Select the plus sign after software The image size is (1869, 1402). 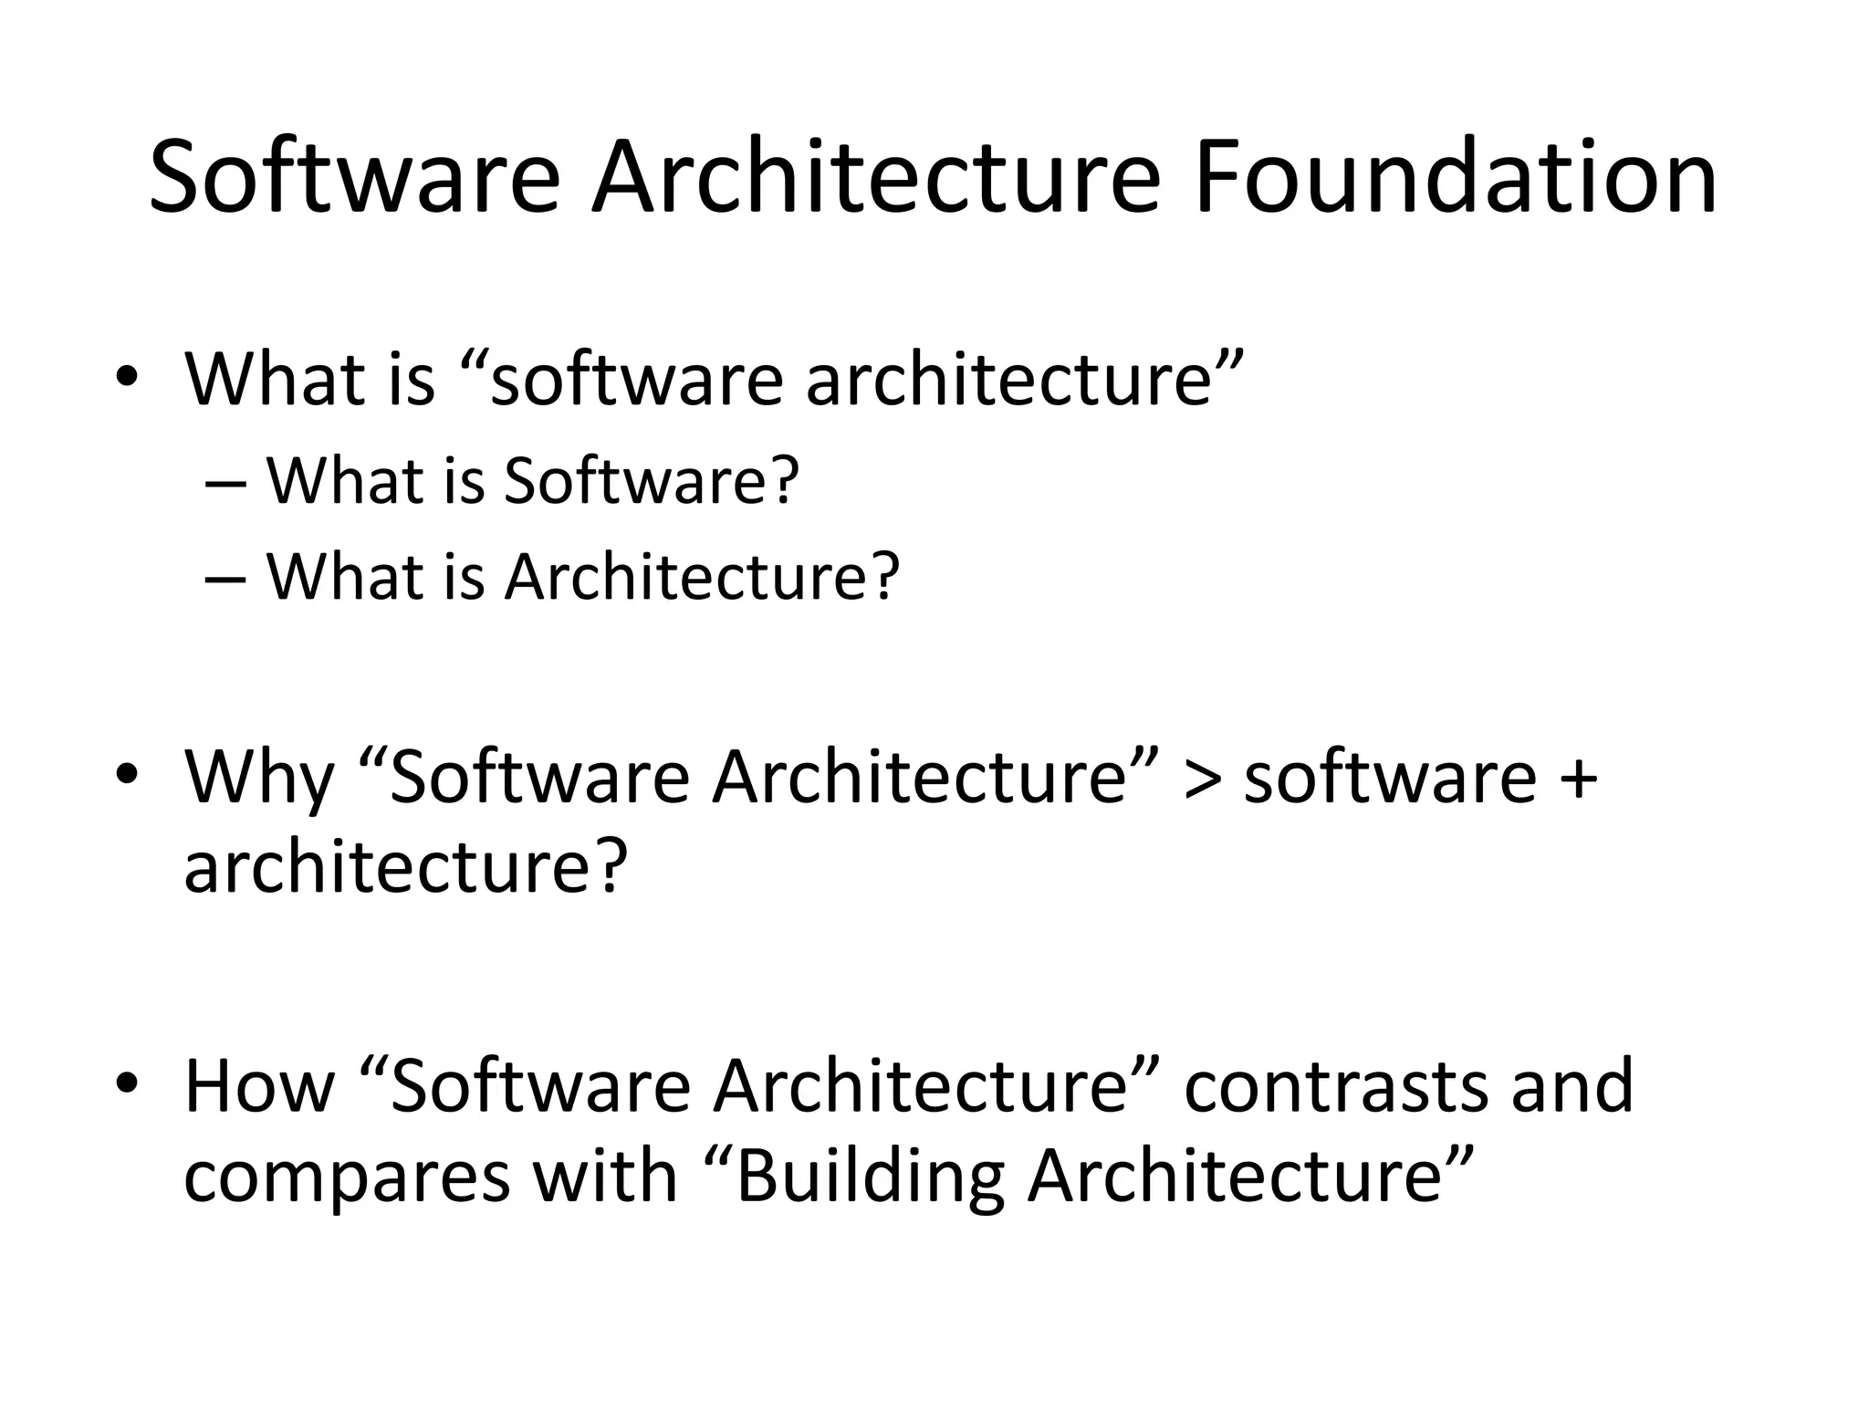(1579, 778)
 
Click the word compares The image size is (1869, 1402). (347, 1177)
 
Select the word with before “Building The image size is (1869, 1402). (604, 1177)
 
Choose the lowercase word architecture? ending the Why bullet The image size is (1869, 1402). (406, 867)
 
